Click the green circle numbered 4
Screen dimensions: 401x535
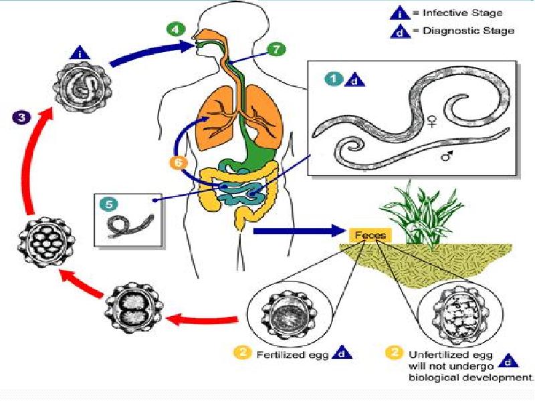click(175, 30)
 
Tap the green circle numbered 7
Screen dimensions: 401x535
click(275, 49)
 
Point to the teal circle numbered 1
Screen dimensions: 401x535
click(333, 80)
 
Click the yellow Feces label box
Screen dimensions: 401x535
click(366, 235)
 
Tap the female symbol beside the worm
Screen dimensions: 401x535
click(433, 121)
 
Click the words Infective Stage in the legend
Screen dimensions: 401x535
click(462, 13)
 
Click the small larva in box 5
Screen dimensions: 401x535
click(129, 225)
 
